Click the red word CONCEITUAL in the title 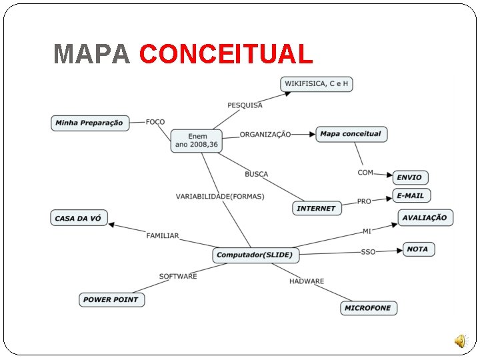[226, 54]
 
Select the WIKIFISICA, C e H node [317, 84]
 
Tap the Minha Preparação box [89, 123]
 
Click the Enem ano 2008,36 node [197, 141]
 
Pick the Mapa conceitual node [351, 134]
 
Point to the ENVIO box [409, 177]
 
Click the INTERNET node [317, 208]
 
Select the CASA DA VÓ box [79, 218]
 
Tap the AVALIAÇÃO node [425, 217]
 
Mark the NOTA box [418, 249]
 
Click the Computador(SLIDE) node [255, 255]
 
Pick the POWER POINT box [111, 299]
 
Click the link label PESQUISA [245, 105]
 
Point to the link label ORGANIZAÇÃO [265, 135]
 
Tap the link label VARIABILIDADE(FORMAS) [220, 197]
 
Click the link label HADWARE [307, 281]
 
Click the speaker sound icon [461, 341]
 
